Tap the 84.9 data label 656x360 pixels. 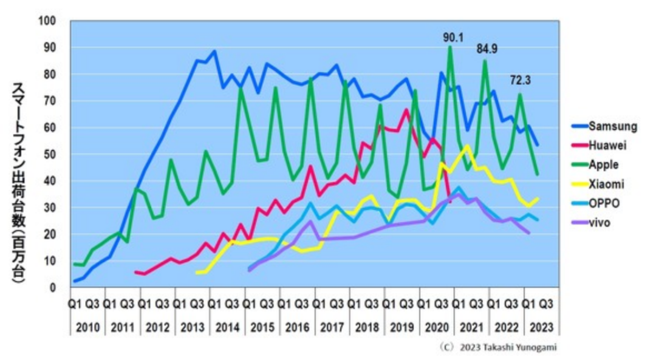pyautogui.click(x=487, y=49)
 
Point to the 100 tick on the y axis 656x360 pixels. pyautogui.click(x=47, y=21)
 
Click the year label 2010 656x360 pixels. pyautogui.click(x=87, y=328)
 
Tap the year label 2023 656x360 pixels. pyautogui.click(x=541, y=328)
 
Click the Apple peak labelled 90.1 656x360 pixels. pyautogui.click(x=449, y=47)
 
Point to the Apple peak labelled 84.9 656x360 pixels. pyautogui.click(x=485, y=60)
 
